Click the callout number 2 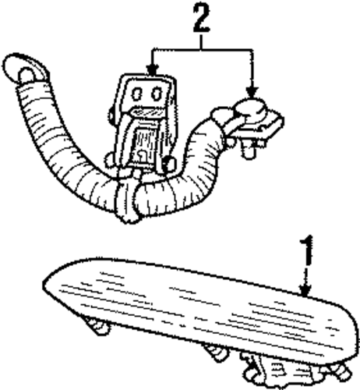[201, 19]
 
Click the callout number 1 [306, 251]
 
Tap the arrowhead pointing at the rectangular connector [153, 69]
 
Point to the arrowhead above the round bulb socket [252, 92]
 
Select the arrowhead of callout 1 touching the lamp [305, 290]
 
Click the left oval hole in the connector [137, 93]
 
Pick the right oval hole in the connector [157, 93]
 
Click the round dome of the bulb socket [252, 108]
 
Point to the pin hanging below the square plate [248, 150]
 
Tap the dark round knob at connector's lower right [171, 164]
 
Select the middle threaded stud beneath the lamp [217, 352]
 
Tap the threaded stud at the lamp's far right [341, 370]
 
